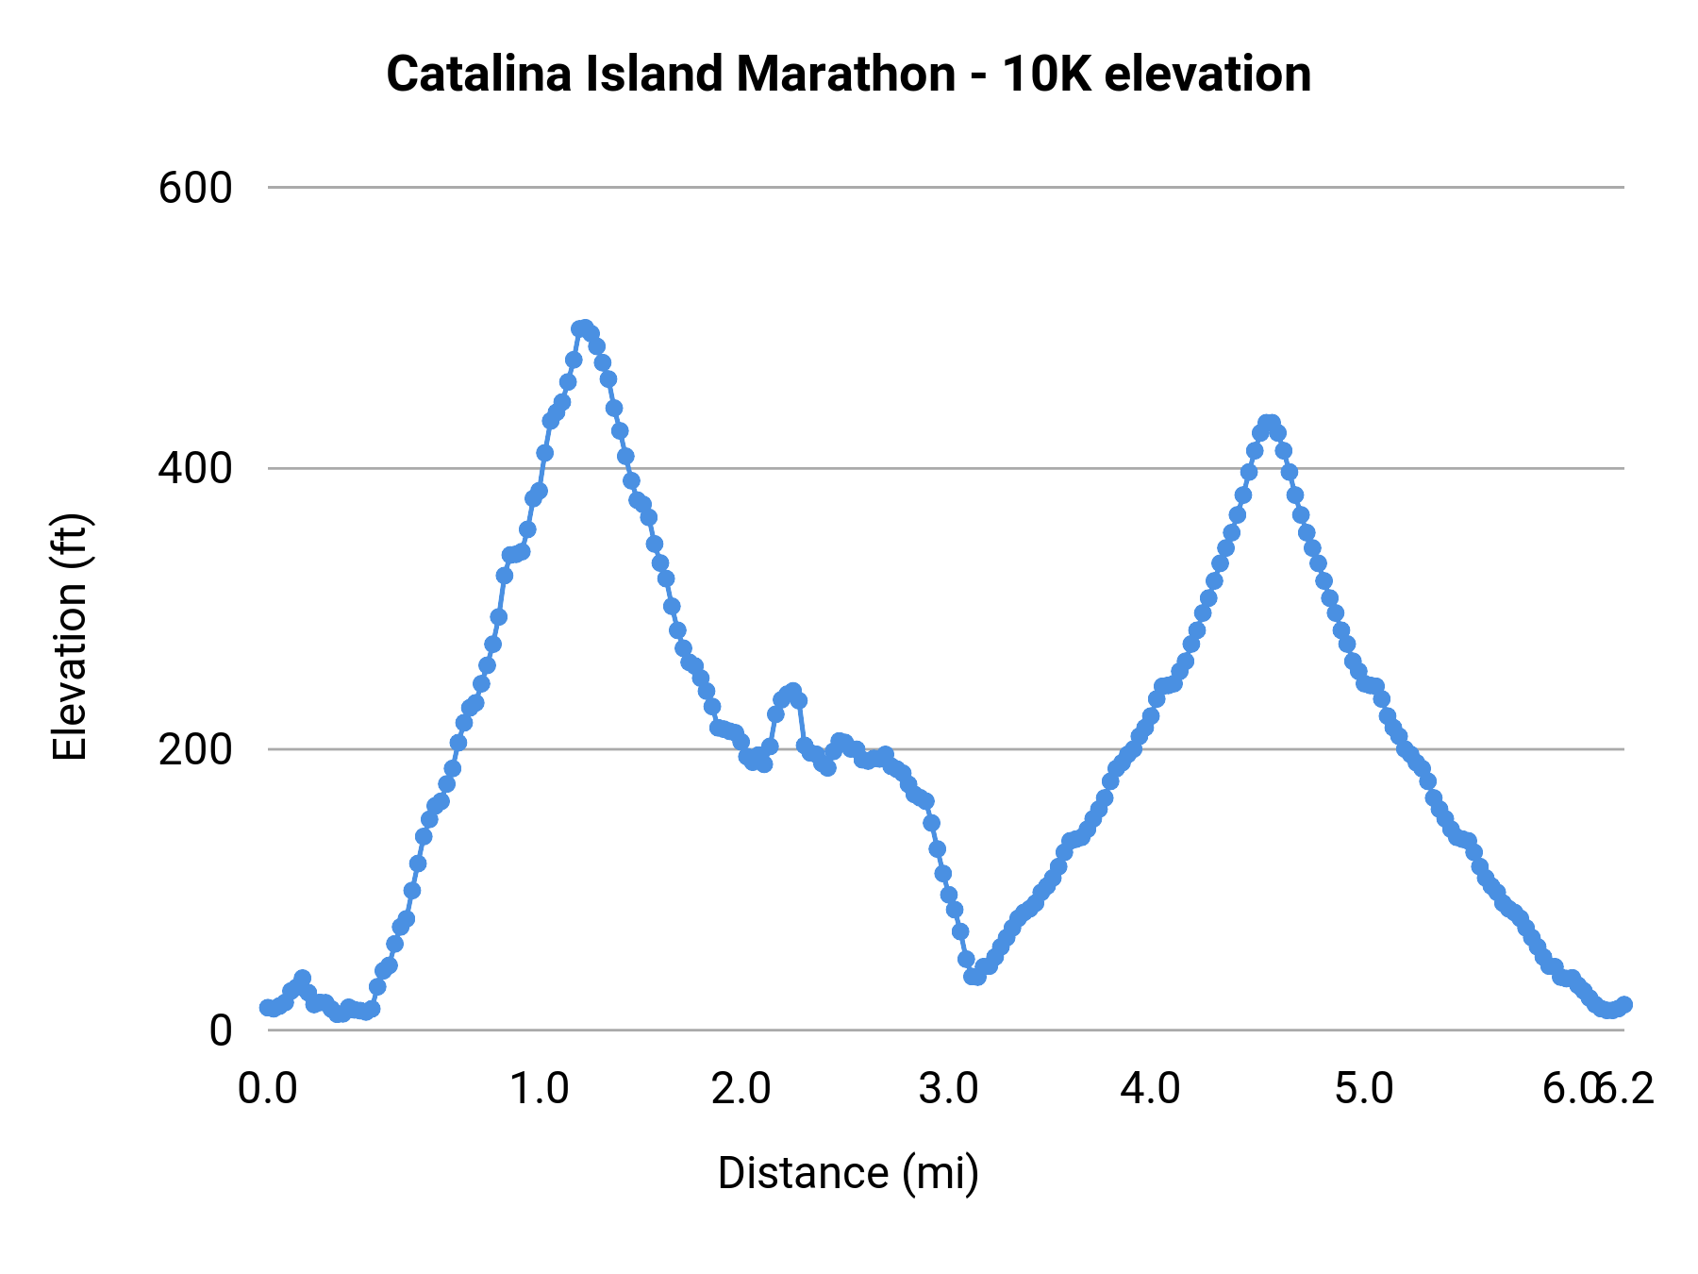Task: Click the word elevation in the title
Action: click(1207, 74)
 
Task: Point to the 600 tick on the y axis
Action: click(194, 188)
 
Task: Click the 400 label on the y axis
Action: click(194, 468)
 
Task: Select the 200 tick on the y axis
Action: click(194, 749)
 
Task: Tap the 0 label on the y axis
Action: click(220, 1030)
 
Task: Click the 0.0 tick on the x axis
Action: click(268, 1089)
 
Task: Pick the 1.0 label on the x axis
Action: click(539, 1089)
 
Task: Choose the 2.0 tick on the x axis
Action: click(741, 1089)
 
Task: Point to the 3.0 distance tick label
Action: click(949, 1089)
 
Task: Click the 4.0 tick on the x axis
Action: click(1151, 1089)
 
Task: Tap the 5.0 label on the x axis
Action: click(1364, 1089)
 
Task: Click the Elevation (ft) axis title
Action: click(70, 637)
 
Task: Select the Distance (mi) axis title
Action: click(848, 1173)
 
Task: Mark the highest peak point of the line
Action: click(583, 327)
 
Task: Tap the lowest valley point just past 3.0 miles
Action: click(975, 976)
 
